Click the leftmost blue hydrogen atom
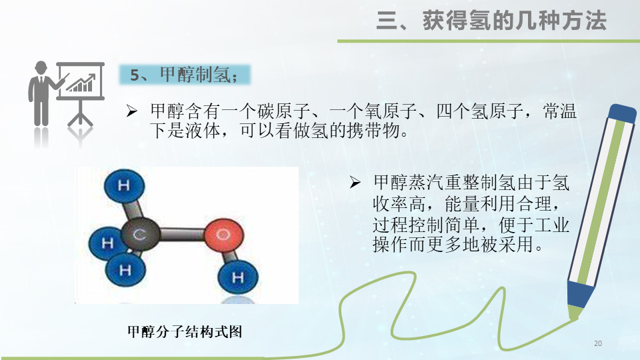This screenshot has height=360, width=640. point(107,243)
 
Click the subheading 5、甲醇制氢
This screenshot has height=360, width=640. point(183,75)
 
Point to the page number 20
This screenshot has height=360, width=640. point(597,343)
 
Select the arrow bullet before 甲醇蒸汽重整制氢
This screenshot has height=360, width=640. point(355,181)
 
